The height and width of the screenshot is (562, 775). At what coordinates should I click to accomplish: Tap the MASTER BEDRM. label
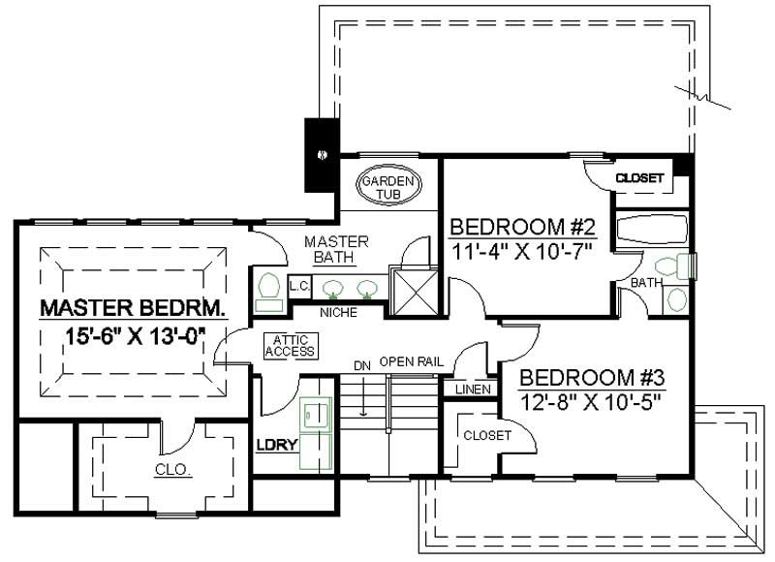133,309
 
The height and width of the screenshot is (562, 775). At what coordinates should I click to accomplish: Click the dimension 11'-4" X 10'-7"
521,249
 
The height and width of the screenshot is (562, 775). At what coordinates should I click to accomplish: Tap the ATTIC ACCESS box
290,345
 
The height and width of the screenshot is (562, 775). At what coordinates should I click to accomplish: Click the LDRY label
275,447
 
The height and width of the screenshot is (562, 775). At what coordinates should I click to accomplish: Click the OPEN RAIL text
411,361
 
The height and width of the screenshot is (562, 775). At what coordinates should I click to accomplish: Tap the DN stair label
362,366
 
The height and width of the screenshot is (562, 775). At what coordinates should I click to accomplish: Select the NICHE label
338,313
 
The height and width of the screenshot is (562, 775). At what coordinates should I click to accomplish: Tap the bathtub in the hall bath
651,230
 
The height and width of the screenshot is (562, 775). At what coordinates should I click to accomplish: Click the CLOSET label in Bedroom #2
640,178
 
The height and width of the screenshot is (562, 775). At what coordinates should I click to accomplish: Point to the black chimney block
320,154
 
